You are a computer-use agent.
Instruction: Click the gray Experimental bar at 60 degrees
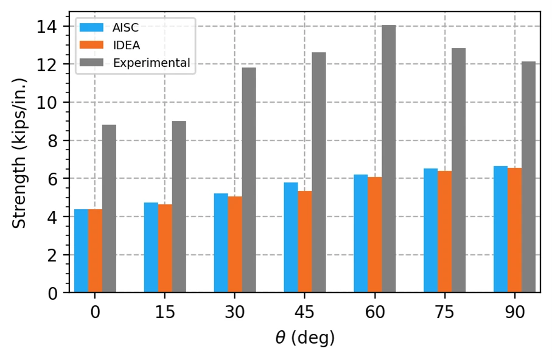pyautogui.click(x=389, y=159)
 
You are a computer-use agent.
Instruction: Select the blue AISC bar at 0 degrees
pyautogui.click(x=82, y=251)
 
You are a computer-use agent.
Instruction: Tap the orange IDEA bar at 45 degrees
pyautogui.click(x=305, y=242)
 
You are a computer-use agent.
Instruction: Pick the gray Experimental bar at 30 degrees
pyautogui.click(x=249, y=180)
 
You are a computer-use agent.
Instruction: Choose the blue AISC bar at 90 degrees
pyautogui.click(x=501, y=229)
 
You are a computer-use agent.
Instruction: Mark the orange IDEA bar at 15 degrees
pyautogui.click(x=165, y=249)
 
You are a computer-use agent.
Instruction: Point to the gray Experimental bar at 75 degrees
pyautogui.click(x=459, y=170)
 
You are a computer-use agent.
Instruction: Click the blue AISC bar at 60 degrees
pyautogui.click(x=361, y=234)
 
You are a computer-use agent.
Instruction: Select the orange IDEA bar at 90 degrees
pyautogui.click(x=515, y=230)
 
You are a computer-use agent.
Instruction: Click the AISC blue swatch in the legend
pyautogui.click(x=91, y=27)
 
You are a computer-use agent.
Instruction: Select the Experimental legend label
pyautogui.click(x=152, y=63)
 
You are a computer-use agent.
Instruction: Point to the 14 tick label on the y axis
pyautogui.click(x=47, y=27)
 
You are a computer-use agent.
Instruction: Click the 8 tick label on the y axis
pyautogui.click(x=52, y=140)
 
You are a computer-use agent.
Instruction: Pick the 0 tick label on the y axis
pyautogui.click(x=52, y=293)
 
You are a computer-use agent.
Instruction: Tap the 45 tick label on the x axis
pyautogui.click(x=305, y=312)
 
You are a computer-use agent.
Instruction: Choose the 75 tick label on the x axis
pyautogui.click(x=445, y=312)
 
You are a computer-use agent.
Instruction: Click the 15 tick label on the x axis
pyautogui.click(x=165, y=312)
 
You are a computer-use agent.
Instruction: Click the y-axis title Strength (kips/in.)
pyautogui.click(x=19, y=153)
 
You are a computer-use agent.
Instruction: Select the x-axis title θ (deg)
pyautogui.click(x=305, y=338)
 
